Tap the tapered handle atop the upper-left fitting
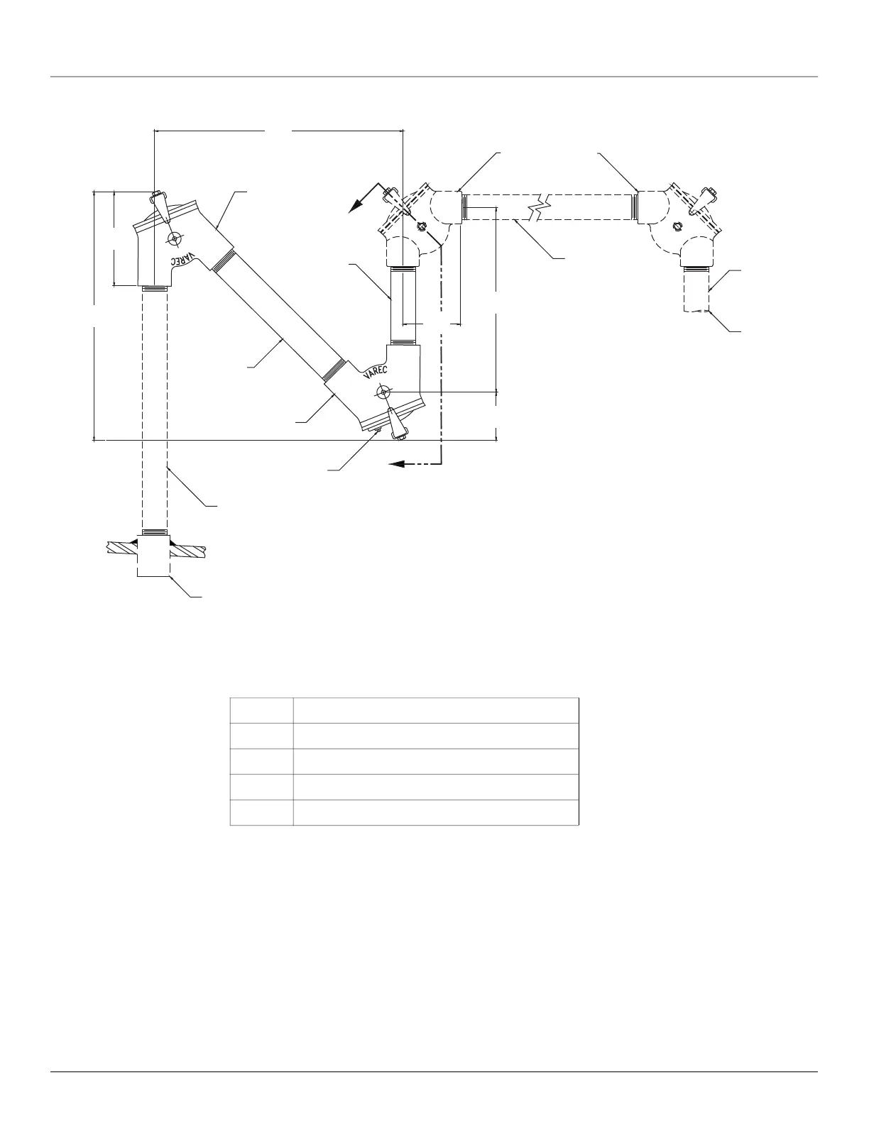(159, 205)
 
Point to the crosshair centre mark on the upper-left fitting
(172, 237)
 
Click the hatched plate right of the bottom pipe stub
(188, 549)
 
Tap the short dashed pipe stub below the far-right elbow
(696, 291)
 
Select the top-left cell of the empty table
(261, 711)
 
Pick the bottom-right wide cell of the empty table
(436, 812)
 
